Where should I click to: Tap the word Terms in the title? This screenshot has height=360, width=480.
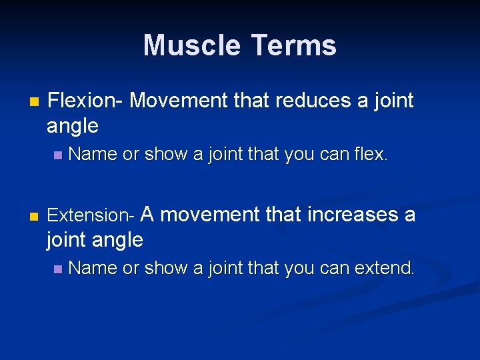click(x=294, y=45)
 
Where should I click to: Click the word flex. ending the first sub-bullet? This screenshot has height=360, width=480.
click(x=371, y=155)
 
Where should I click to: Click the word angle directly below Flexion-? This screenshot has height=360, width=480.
click(x=73, y=125)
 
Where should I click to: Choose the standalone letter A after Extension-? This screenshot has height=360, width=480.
click(x=149, y=215)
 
